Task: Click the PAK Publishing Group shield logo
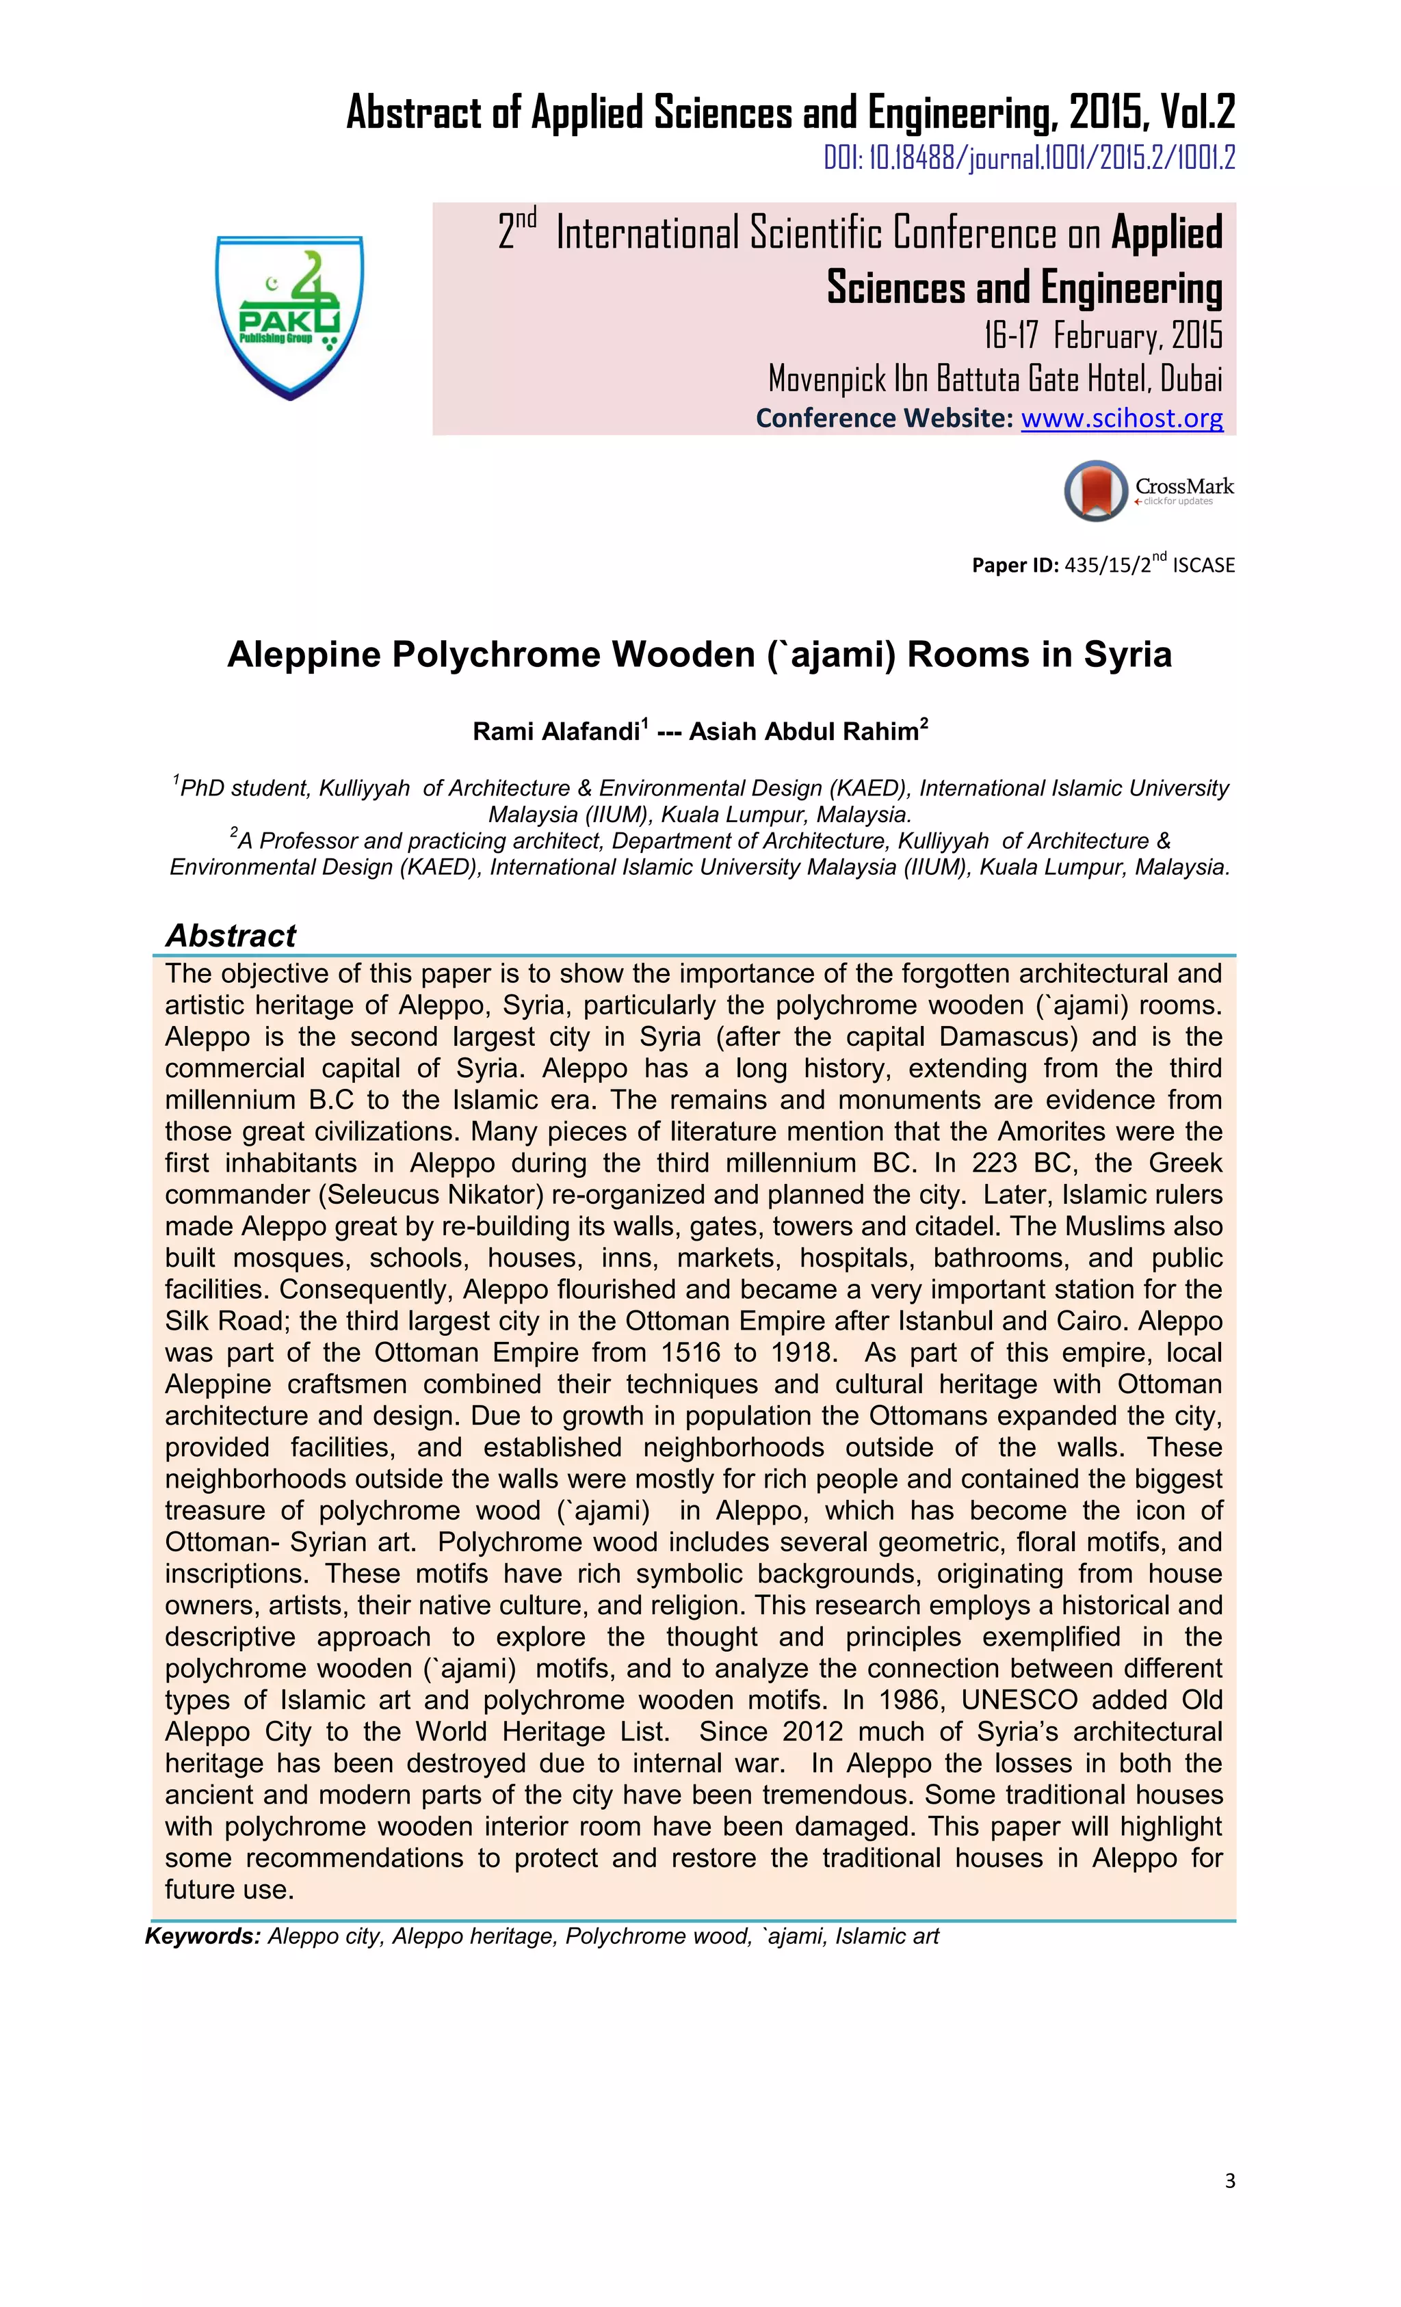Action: (x=289, y=317)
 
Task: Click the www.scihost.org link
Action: (x=1121, y=418)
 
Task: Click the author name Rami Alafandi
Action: (x=555, y=732)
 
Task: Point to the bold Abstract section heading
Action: (x=231, y=936)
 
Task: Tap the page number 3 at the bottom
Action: (x=1229, y=2182)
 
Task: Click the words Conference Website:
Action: (x=884, y=418)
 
